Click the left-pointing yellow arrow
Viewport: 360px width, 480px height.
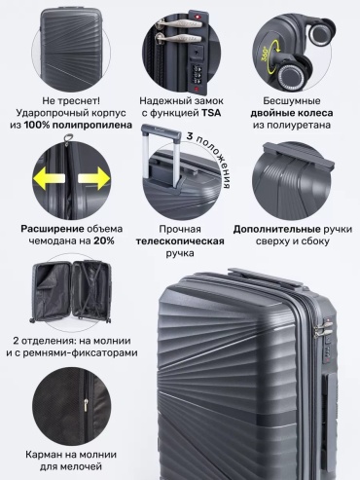pos(49,179)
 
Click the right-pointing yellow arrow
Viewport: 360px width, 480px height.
pos(94,179)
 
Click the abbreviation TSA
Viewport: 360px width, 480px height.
pos(211,113)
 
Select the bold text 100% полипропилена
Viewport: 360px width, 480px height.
pos(78,125)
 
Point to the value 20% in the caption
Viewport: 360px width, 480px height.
pos(104,240)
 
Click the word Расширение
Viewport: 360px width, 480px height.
pos(53,229)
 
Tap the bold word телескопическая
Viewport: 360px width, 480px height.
pos(180,241)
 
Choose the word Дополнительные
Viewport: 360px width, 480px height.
pos(277,230)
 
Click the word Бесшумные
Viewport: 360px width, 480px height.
pos(292,101)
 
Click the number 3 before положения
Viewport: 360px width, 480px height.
pos(190,136)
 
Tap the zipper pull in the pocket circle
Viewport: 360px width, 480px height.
pos(86,405)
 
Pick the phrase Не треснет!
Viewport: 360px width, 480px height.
pos(71,101)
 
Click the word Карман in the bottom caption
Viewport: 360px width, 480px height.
pos(43,455)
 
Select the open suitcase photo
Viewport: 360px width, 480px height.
pos(72,292)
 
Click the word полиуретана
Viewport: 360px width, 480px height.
pos(292,126)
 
